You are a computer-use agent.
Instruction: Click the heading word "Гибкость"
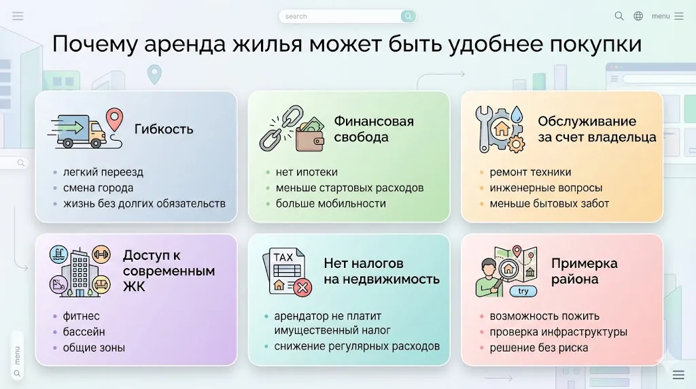click(x=164, y=129)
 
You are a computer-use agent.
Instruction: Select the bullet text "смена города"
click(x=98, y=188)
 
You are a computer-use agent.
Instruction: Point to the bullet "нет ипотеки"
click(x=307, y=172)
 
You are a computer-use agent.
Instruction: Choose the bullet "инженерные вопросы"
click(x=546, y=188)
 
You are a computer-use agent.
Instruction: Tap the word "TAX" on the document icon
click(x=283, y=258)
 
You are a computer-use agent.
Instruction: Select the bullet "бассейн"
click(x=84, y=332)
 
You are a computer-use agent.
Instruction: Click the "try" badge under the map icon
click(x=523, y=291)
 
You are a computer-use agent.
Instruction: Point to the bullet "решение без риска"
click(x=539, y=348)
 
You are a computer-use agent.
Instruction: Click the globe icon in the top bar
click(x=638, y=16)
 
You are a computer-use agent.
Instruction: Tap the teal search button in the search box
click(x=408, y=16)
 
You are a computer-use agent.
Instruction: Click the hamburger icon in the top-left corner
click(x=18, y=16)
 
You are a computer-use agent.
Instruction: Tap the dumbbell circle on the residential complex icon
click(x=101, y=254)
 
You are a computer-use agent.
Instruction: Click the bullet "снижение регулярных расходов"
click(x=357, y=346)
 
